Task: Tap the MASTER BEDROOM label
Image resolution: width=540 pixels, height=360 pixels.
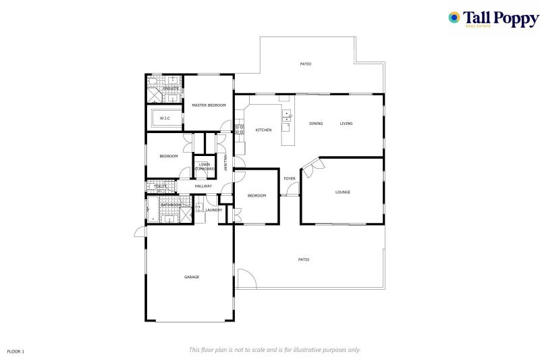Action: pos(209,105)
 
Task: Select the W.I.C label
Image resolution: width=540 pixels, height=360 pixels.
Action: pos(165,119)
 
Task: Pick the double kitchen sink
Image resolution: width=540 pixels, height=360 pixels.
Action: pos(286,115)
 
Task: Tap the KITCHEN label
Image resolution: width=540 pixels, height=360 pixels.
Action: pos(263,130)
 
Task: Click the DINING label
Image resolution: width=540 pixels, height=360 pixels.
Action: pos(316,124)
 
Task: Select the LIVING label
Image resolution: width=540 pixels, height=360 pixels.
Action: pos(346,124)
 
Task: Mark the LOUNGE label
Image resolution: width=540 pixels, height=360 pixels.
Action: pos(343,192)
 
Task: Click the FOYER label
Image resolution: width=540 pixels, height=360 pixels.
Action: pos(290,178)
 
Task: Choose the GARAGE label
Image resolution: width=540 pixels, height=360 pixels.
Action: pos(192,277)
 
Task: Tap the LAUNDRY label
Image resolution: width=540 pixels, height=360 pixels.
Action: pos(214,210)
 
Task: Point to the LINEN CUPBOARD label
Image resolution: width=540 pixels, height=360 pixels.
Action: pos(205,167)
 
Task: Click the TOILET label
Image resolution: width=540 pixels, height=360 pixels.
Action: pos(160,186)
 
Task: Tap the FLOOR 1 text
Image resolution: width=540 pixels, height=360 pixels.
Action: pos(16,351)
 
